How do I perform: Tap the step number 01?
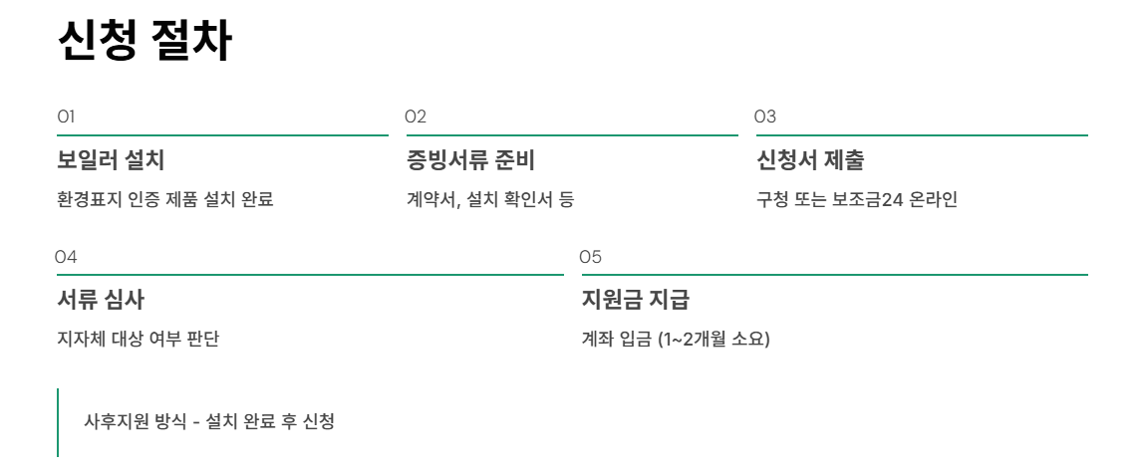pos(67,117)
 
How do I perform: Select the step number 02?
pos(416,117)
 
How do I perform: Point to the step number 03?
pos(765,117)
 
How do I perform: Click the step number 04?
pos(66,257)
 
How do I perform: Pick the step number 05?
pos(591,257)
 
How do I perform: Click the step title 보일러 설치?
pos(111,159)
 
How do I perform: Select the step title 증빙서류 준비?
pos(471,159)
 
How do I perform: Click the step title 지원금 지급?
pos(635,299)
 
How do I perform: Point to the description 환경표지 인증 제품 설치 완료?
pos(165,199)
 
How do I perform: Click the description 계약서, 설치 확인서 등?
pos(490,199)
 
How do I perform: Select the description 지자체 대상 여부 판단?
pos(139,339)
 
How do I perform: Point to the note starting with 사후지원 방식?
pos(209,421)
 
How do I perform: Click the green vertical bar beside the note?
pos(58,422)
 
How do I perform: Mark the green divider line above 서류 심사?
pos(310,274)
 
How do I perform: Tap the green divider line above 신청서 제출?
pos(922,134)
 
